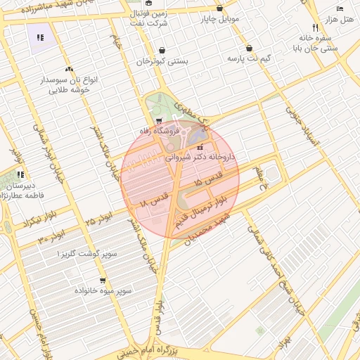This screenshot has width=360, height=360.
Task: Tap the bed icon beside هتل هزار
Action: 340,8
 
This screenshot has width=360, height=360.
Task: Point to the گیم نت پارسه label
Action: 248,58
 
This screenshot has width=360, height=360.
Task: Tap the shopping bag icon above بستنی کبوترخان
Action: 163,51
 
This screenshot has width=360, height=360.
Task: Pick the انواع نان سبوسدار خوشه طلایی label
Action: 70,85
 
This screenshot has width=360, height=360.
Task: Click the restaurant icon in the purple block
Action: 40,37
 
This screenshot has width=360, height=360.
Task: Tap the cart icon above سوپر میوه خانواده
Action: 103,281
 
